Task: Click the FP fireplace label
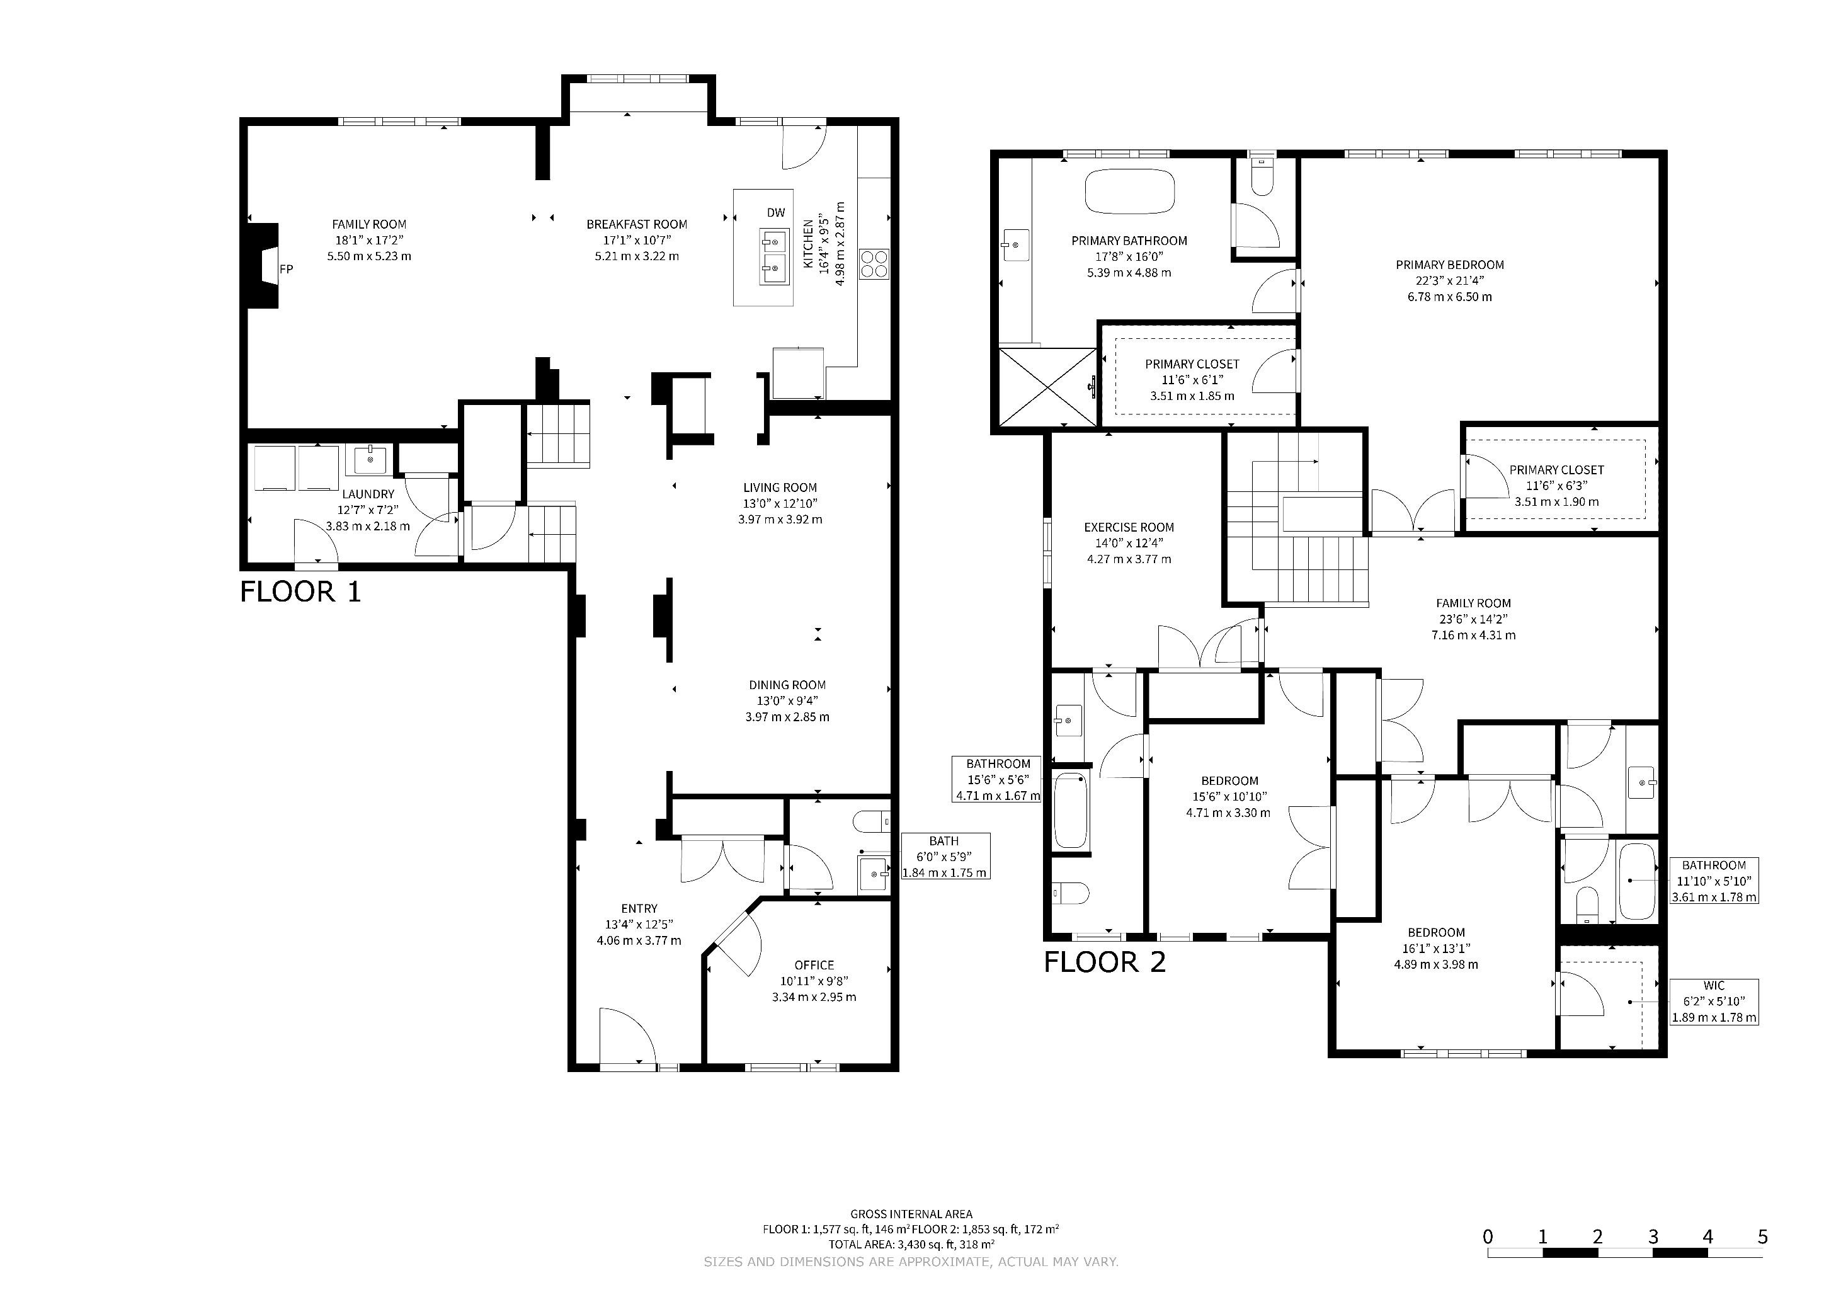286,270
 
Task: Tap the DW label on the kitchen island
775,212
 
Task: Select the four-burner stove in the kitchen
875,264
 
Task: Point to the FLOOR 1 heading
300,592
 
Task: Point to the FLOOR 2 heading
1104,962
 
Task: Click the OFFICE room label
814,965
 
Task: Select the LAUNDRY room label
368,494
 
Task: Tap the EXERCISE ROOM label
1129,527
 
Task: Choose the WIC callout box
1714,1002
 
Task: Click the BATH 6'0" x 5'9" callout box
945,856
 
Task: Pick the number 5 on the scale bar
1763,1237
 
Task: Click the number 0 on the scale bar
1488,1237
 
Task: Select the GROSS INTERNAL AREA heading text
911,1214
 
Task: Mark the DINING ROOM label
787,685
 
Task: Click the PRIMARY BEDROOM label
1449,265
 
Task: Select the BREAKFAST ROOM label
636,224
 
